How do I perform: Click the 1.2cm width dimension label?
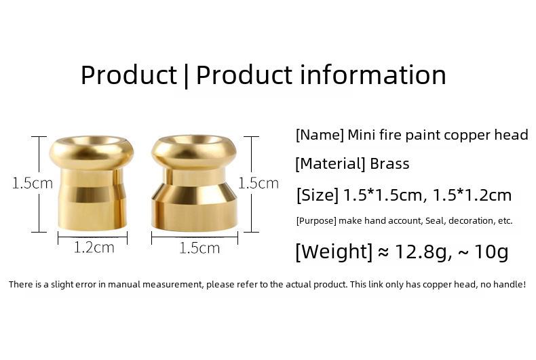click(94, 247)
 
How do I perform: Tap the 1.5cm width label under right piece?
click(199, 248)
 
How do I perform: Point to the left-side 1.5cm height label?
click(33, 183)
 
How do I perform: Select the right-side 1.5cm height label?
click(259, 184)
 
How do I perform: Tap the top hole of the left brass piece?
click(92, 140)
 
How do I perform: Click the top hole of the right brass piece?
click(194, 140)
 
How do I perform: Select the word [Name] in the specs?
click(320, 136)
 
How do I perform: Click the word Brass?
click(389, 163)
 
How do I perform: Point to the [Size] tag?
click(318, 195)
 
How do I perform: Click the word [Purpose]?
click(317, 221)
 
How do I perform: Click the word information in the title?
click(373, 75)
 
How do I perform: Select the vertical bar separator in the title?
click(186, 76)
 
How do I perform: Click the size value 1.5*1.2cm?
click(472, 195)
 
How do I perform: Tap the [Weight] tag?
click(334, 252)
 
